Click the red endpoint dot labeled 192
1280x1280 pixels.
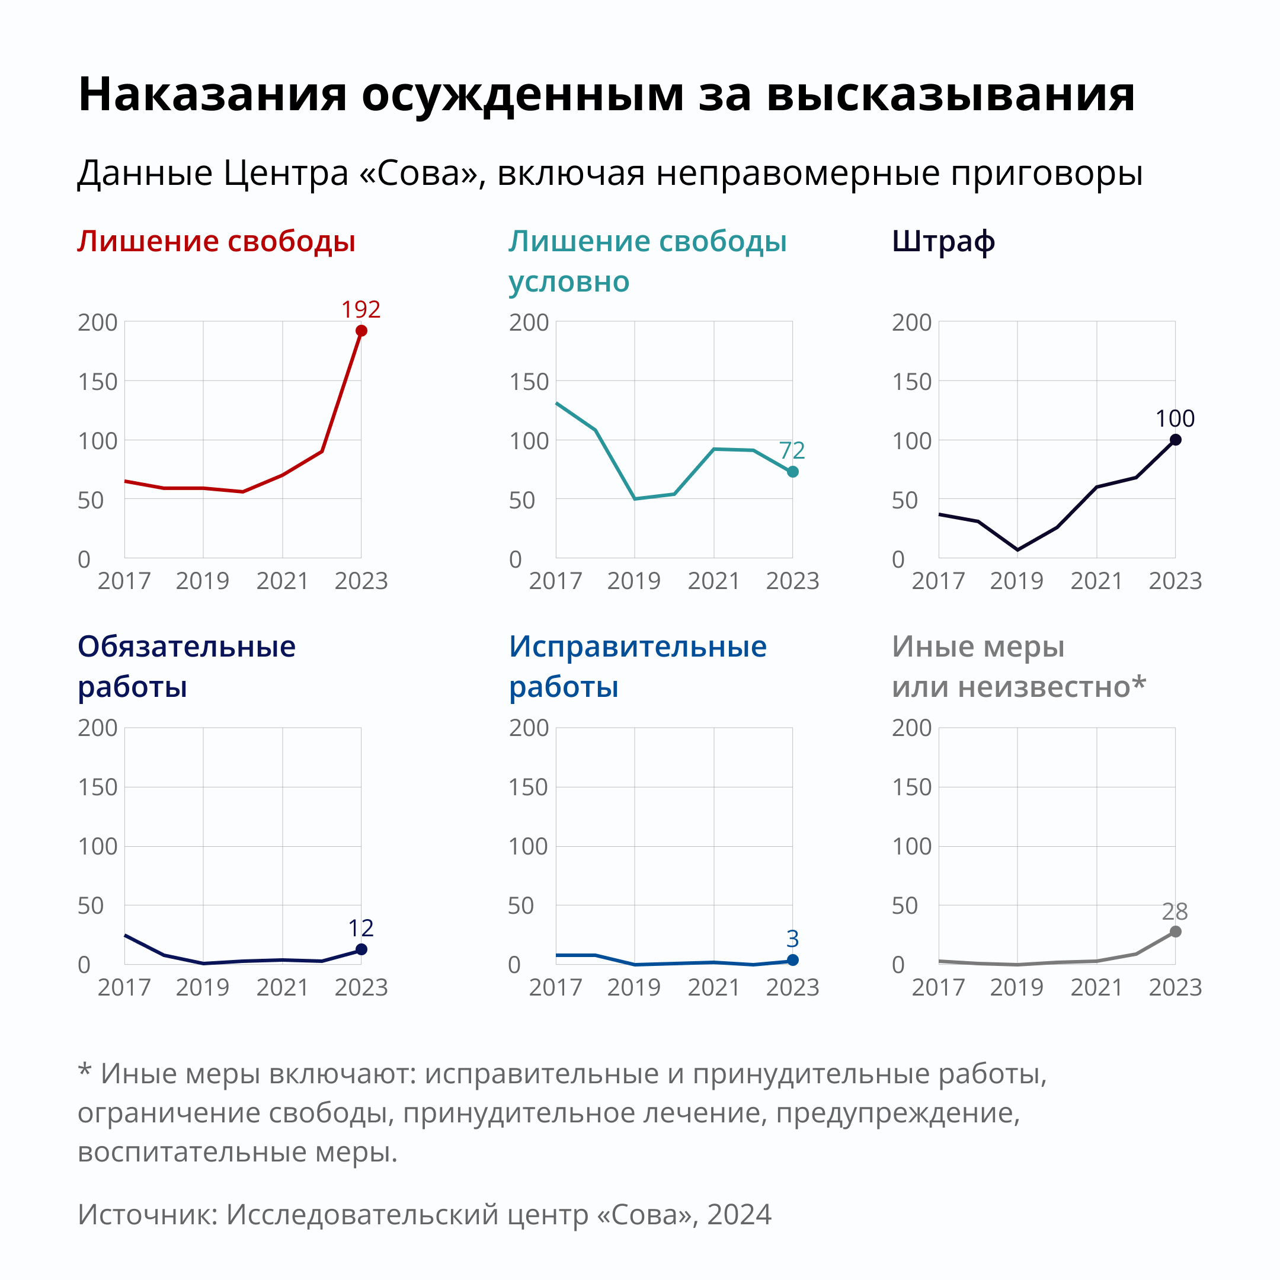pyautogui.click(x=361, y=331)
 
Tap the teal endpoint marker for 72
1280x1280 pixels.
pyautogui.click(x=792, y=472)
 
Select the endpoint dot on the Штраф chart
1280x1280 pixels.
pyautogui.click(x=1175, y=440)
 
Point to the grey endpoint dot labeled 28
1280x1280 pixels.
pyautogui.click(x=1175, y=932)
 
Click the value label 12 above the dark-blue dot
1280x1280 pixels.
pyautogui.click(x=361, y=927)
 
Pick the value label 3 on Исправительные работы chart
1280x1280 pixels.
pyautogui.click(x=792, y=939)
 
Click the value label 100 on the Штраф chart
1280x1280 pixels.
pyautogui.click(x=1175, y=419)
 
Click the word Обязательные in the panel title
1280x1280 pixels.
pyautogui.click(x=187, y=646)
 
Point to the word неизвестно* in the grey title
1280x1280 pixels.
pyautogui.click(x=1052, y=686)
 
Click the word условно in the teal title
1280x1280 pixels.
pyautogui.click(x=568, y=282)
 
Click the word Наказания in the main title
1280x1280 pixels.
pyautogui.click(x=213, y=94)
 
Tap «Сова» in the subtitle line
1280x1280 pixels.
pyautogui.click(x=418, y=174)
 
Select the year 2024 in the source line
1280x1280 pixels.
pyautogui.click(x=739, y=1214)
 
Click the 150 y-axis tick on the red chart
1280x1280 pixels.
pyautogui.click(x=97, y=382)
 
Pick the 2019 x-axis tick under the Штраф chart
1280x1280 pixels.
pyautogui.click(x=1016, y=581)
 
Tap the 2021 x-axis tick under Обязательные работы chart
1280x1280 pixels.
pyautogui.click(x=282, y=987)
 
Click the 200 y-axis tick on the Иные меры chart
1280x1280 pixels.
pyautogui.click(x=911, y=728)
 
